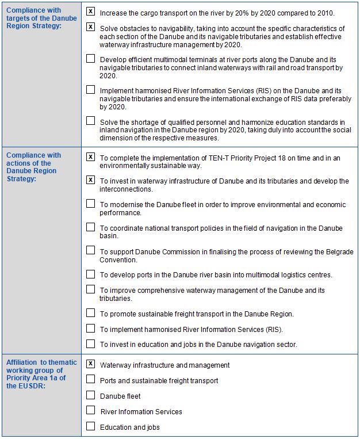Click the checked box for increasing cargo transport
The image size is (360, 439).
(x=91, y=12)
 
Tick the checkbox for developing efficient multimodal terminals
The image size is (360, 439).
(x=91, y=58)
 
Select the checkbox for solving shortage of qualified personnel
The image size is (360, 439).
(x=91, y=121)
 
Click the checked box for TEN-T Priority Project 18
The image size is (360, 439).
(x=91, y=156)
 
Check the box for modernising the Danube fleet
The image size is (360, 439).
(x=91, y=203)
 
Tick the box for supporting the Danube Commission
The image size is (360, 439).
(x=91, y=250)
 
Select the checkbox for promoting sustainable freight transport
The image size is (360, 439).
(x=91, y=313)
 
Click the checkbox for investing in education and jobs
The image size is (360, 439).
(x=91, y=344)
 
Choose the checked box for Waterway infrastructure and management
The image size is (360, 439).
(x=91, y=364)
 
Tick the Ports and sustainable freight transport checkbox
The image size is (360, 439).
(x=91, y=380)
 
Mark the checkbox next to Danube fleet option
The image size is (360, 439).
(x=91, y=395)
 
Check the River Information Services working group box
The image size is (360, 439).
(x=91, y=411)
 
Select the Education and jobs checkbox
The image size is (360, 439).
(x=91, y=426)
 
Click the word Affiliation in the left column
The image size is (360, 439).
(x=22, y=362)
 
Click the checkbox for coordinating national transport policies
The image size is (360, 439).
(x=91, y=227)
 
